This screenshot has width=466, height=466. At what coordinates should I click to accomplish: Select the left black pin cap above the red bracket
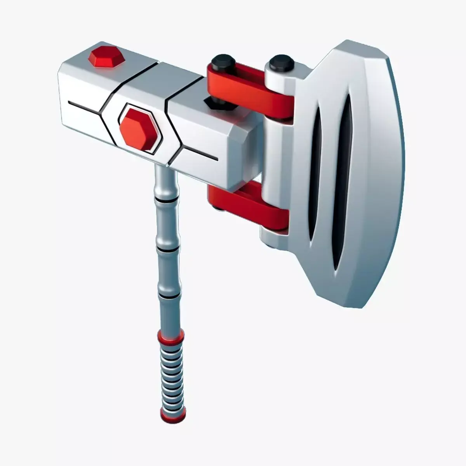point(220,62)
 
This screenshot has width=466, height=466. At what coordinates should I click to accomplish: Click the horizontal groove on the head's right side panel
point(200,153)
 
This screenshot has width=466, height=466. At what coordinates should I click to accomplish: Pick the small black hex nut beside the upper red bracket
point(210,103)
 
